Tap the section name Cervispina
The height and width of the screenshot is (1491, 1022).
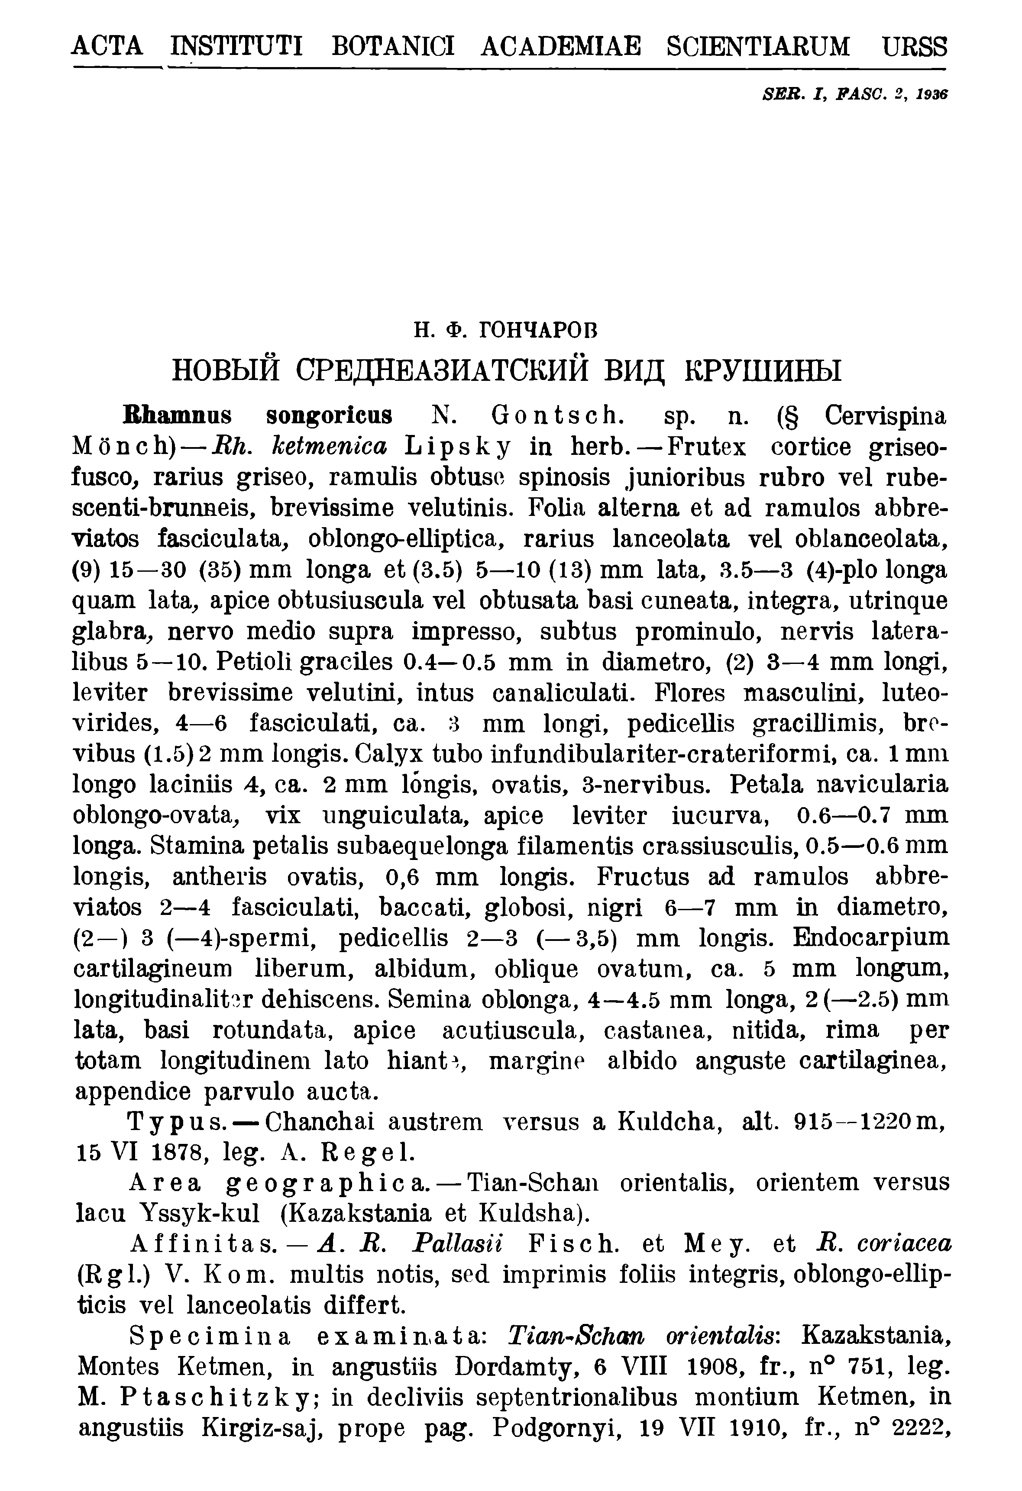click(886, 416)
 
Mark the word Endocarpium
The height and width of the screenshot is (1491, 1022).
click(871, 937)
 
